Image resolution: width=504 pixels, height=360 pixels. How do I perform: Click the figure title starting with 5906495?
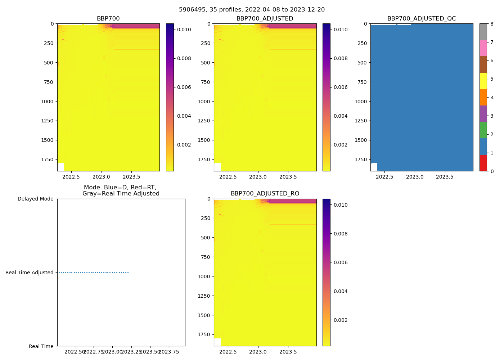(x=252, y=10)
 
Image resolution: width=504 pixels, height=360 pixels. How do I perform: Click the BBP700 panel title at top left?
(x=108, y=19)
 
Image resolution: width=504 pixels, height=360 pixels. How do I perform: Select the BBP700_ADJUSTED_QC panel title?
(x=421, y=19)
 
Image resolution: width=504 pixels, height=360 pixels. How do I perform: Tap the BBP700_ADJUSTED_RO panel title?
(x=265, y=194)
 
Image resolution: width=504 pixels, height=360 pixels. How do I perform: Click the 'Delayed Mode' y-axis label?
(x=35, y=199)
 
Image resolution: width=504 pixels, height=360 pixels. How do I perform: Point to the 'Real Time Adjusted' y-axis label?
(x=30, y=273)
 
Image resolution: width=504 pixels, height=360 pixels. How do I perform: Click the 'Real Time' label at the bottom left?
(x=41, y=346)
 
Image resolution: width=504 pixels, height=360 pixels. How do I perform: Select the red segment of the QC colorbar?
(x=483, y=163)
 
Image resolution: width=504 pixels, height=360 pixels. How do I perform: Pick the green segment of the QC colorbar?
(x=483, y=130)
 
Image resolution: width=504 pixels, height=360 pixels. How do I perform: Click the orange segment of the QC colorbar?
(x=483, y=97)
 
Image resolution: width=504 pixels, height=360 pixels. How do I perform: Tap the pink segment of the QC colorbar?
(x=483, y=48)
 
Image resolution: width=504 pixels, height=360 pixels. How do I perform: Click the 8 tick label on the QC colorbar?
(x=492, y=24)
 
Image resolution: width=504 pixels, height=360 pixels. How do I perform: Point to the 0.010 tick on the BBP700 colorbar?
(x=184, y=30)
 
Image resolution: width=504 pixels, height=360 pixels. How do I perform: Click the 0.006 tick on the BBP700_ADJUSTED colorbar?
(x=341, y=87)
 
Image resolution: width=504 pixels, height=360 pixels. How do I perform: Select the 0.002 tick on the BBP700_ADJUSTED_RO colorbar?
(x=341, y=320)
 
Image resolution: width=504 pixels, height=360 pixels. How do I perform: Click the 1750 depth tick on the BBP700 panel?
(x=48, y=160)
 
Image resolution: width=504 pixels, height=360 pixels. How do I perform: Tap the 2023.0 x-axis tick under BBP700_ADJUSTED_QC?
(x=415, y=177)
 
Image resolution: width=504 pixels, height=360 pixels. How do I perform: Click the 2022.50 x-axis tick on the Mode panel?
(x=75, y=352)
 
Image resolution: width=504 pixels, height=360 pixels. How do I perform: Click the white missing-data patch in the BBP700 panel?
(x=60, y=167)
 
